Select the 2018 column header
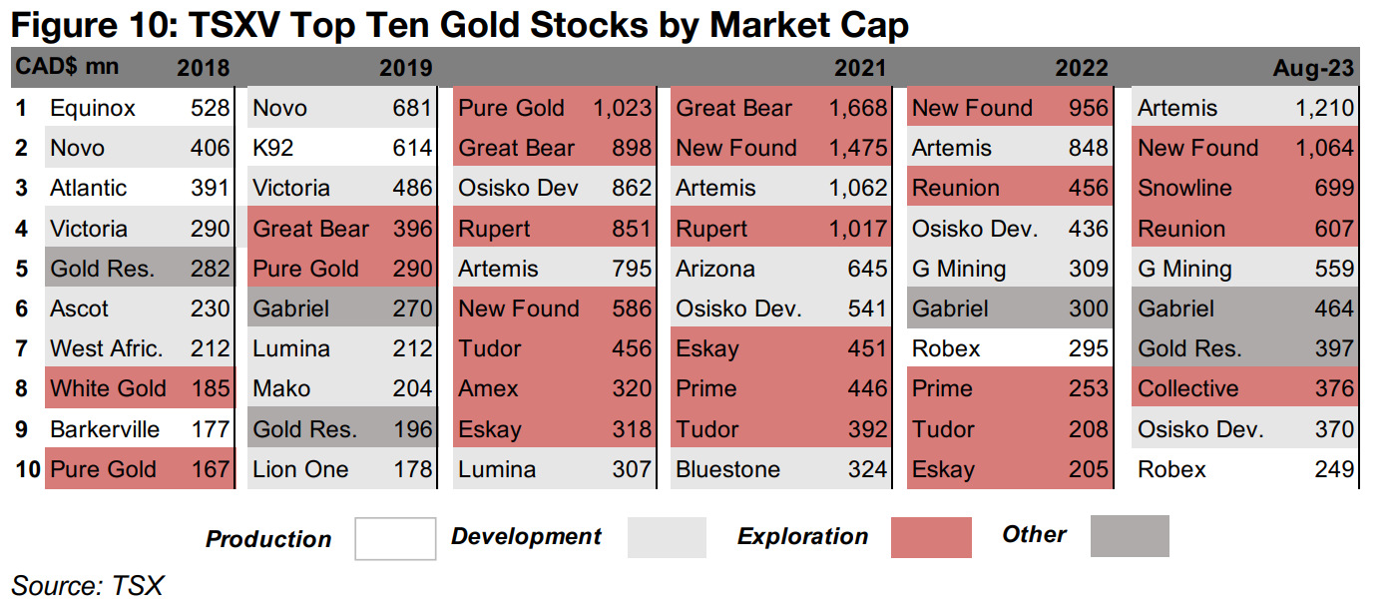click(203, 68)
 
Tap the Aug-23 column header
click(1313, 68)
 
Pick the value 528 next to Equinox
click(210, 108)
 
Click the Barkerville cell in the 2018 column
click(105, 429)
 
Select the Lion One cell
click(300, 469)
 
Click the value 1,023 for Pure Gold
click(622, 108)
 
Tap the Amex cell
click(488, 388)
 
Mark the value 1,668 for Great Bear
click(857, 108)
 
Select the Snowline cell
click(1184, 188)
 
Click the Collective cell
click(1187, 388)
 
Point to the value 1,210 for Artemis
click(1324, 108)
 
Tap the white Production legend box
click(395, 538)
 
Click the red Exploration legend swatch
click(931, 537)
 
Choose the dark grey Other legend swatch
click(1129, 536)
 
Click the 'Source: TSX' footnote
click(87, 586)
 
